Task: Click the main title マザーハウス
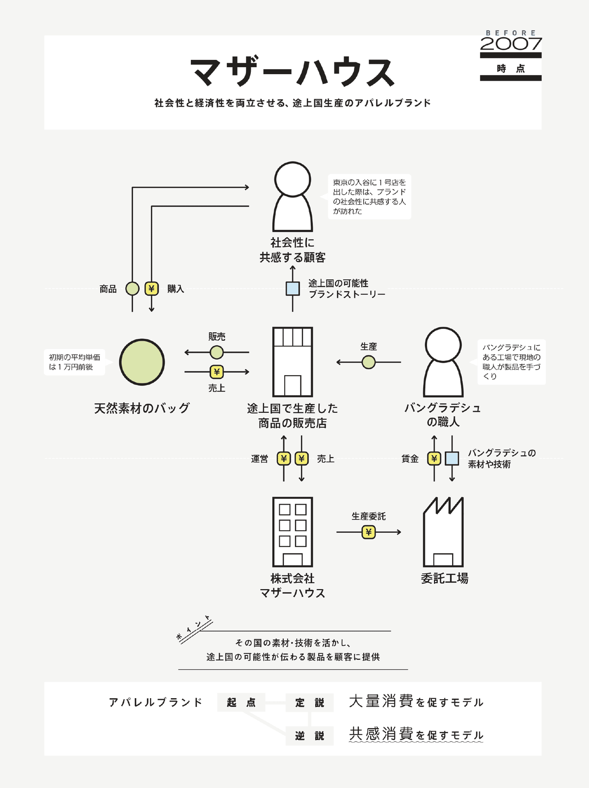293,73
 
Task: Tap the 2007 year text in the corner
510,44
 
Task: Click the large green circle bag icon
142,362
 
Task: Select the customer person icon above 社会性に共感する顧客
293,196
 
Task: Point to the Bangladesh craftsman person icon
443,362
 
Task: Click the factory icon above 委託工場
443,532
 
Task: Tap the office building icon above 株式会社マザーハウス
293,532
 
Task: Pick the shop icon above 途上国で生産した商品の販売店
293,362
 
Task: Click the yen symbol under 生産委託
369,532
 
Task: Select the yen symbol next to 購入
152,289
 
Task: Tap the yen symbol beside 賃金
434,459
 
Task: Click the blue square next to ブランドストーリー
293,289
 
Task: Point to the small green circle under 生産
369,362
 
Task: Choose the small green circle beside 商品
132,289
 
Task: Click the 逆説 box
309,735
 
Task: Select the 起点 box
241,703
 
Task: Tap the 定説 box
309,703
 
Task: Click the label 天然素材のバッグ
142,408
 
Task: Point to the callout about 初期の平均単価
75,362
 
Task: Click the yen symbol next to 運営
284,459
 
